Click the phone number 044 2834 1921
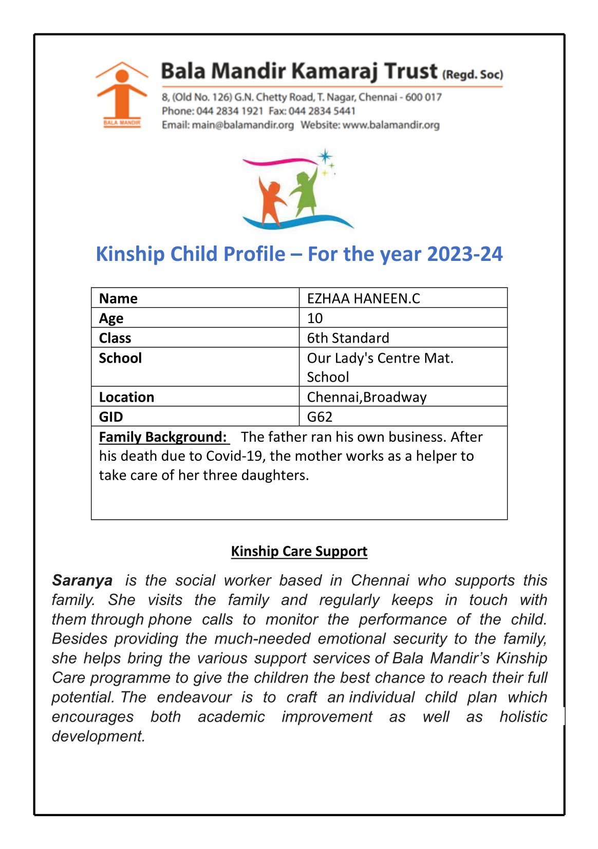(x=230, y=111)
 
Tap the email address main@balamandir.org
(x=242, y=125)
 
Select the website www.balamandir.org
(x=391, y=125)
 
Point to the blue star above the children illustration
(x=325, y=156)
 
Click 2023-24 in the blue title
(x=464, y=254)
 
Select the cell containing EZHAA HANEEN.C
(x=363, y=298)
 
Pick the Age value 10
(x=315, y=318)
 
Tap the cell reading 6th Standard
(x=348, y=338)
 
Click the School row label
(x=120, y=358)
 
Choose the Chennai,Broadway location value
(x=366, y=397)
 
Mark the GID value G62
(x=320, y=417)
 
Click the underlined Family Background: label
(x=163, y=437)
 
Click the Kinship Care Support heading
(x=299, y=551)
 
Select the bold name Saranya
(x=82, y=580)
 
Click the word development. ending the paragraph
(x=98, y=737)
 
